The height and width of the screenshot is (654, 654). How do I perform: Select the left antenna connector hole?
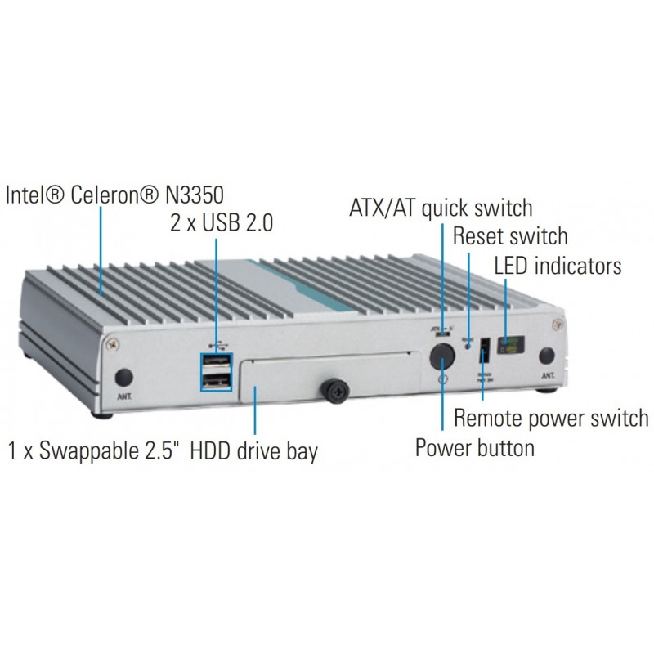(x=123, y=376)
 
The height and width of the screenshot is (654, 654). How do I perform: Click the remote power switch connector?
(x=483, y=350)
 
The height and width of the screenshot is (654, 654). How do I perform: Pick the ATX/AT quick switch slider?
(x=441, y=333)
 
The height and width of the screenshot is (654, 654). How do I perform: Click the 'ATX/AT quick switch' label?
(x=441, y=207)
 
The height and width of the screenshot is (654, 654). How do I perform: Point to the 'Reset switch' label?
(x=509, y=236)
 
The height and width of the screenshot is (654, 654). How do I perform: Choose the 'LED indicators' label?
(x=558, y=266)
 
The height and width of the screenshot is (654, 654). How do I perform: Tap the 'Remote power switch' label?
(x=551, y=419)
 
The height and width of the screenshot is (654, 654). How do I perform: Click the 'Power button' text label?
(x=475, y=447)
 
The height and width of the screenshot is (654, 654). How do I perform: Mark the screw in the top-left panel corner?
(x=111, y=344)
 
